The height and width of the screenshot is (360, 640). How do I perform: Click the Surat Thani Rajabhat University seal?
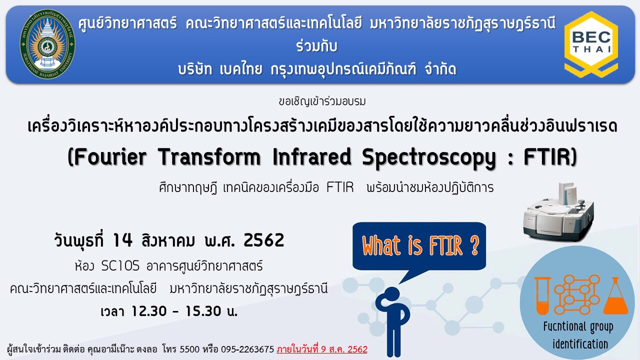[47, 44]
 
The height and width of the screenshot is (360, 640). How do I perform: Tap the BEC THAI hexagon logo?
[591, 44]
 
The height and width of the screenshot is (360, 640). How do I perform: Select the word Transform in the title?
[209, 157]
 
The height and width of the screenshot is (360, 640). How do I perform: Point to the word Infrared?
[311, 157]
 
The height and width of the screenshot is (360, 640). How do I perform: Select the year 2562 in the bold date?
[264, 240]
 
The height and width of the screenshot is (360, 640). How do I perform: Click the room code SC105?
[120, 266]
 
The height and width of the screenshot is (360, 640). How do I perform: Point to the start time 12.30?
[149, 311]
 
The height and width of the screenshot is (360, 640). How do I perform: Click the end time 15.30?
[203, 311]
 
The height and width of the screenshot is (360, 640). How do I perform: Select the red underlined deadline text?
[322, 349]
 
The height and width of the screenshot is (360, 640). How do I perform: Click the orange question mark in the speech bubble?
[474, 245]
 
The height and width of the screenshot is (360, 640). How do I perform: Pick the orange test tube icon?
[542, 295]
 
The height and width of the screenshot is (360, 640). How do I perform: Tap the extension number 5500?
[189, 349]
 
